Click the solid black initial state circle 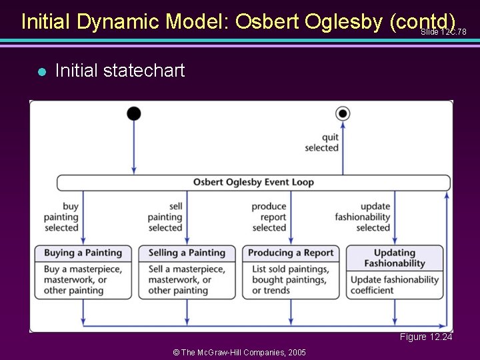(134, 113)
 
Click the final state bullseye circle (343, 113)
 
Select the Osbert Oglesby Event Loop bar (253, 182)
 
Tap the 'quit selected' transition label (321, 143)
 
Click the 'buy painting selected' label (61, 217)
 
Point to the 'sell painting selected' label (165, 217)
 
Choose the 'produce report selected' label (269, 217)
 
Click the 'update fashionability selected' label (363, 217)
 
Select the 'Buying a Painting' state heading (83, 253)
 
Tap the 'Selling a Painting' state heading (187, 253)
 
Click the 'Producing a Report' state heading (291, 253)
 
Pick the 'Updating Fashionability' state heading (395, 258)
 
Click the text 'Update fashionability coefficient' (395, 285)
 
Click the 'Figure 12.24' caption (425, 337)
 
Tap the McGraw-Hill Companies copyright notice (239, 352)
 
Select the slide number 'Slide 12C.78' (443, 32)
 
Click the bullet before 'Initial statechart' (41, 71)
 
